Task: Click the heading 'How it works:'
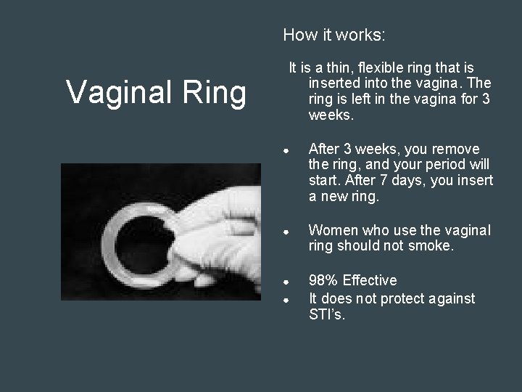coord(334,34)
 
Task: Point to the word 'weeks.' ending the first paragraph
coord(331,115)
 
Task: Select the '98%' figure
coord(323,280)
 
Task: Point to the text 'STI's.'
coord(328,315)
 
